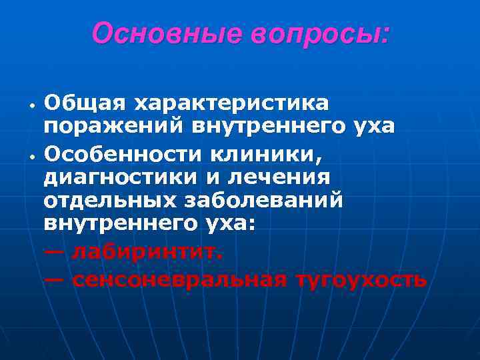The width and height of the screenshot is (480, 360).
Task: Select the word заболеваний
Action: click(265, 201)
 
